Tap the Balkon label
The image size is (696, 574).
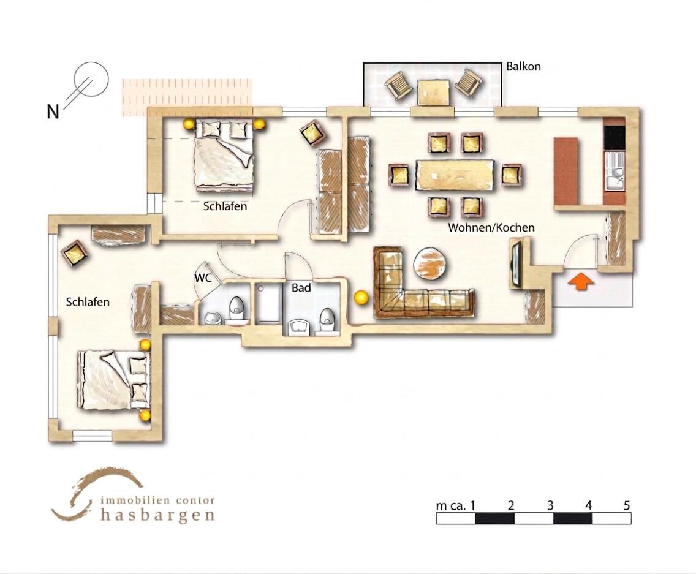pyautogui.click(x=523, y=67)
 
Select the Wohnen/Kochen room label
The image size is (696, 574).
pyautogui.click(x=491, y=228)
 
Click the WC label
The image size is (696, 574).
pyautogui.click(x=202, y=278)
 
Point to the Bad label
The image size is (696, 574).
pyautogui.click(x=301, y=288)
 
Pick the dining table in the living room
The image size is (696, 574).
pyautogui.click(x=455, y=175)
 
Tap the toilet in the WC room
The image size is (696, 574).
pyautogui.click(x=236, y=309)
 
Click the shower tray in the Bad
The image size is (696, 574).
pyautogui.click(x=268, y=303)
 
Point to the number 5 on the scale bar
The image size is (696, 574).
pyautogui.click(x=626, y=505)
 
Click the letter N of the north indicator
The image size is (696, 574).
pyautogui.click(x=53, y=111)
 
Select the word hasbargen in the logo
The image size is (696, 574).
pyautogui.click(x=157, y=515)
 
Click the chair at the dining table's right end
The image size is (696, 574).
pyautogui.click(x=511, y=175)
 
